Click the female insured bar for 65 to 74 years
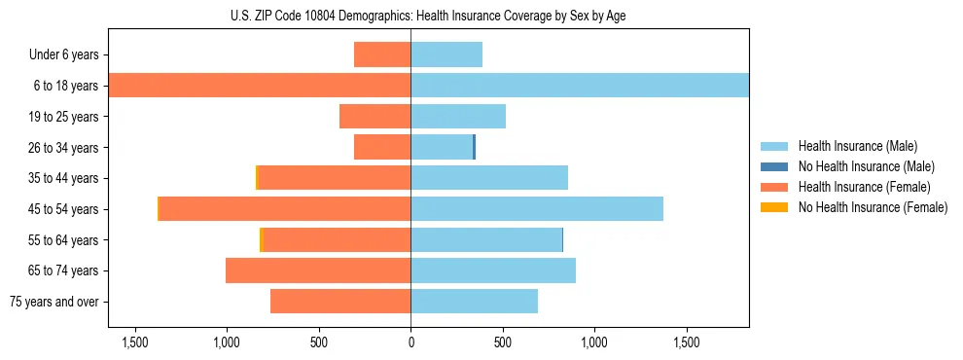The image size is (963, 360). pos(318,270)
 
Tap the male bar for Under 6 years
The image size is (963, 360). pos(446,54)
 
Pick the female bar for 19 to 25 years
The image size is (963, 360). pos(374,117)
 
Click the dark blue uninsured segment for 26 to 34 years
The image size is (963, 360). pos(474,148)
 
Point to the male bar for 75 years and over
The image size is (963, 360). pos(474,302)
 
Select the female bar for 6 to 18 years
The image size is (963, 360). pos(260,86)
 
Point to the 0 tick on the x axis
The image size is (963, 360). pos(410,342)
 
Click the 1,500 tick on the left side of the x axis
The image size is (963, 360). pos(134,342)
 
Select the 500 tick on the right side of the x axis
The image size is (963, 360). pos(502,342)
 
